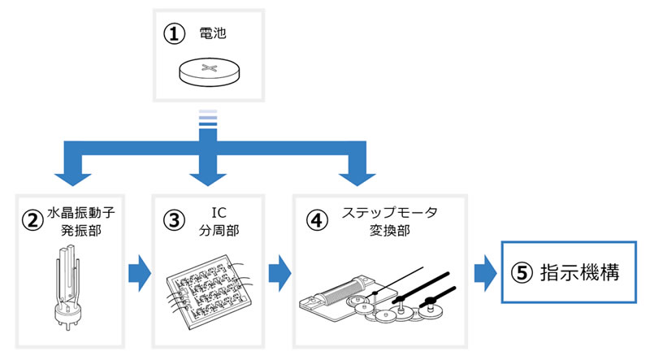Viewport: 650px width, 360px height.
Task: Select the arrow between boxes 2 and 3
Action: point(138,270)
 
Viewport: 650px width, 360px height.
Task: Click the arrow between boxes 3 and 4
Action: point(278,270)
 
